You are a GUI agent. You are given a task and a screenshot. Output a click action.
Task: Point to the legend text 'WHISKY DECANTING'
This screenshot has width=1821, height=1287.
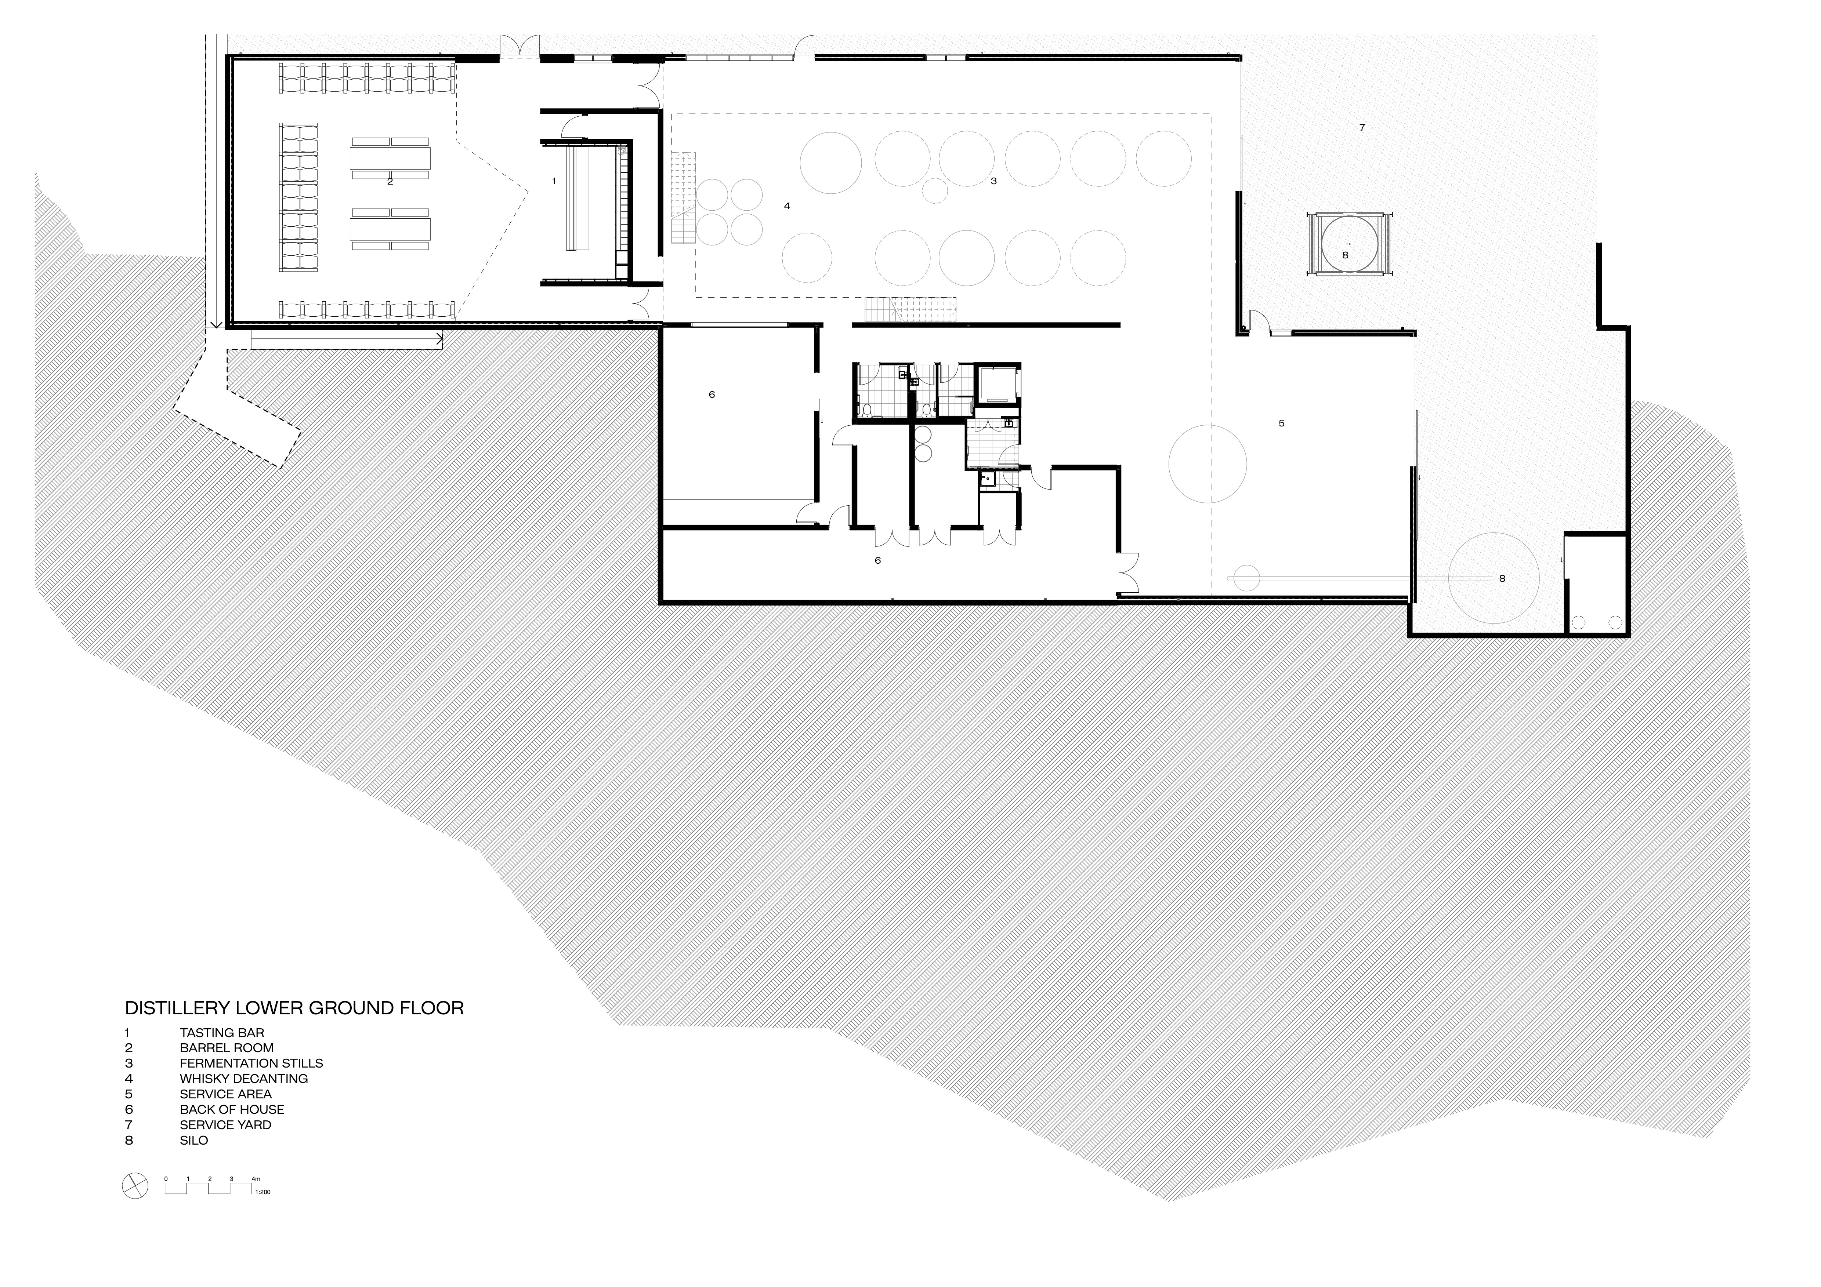[x=243, y=1079]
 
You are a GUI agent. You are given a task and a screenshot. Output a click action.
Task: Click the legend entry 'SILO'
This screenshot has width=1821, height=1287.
[x=193, y=1140]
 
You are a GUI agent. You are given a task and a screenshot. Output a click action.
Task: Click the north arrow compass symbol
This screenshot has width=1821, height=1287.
[x=135, y=1186]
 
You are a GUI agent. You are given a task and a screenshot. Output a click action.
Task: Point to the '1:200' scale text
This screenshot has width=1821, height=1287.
[x=263, y=1192]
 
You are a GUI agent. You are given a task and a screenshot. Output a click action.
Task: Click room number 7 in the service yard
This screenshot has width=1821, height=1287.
[x=1362, y=127]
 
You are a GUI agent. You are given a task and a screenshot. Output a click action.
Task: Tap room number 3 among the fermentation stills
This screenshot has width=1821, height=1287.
[x=993, y=181]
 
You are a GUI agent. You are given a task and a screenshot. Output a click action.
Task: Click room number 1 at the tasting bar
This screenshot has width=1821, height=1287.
[x=554, y=181]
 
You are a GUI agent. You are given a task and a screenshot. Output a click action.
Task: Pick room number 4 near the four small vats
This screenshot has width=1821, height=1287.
[x=787, y=206]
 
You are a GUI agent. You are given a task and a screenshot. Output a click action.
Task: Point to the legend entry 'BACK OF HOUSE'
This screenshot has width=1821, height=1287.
[x=232, y=1109]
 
